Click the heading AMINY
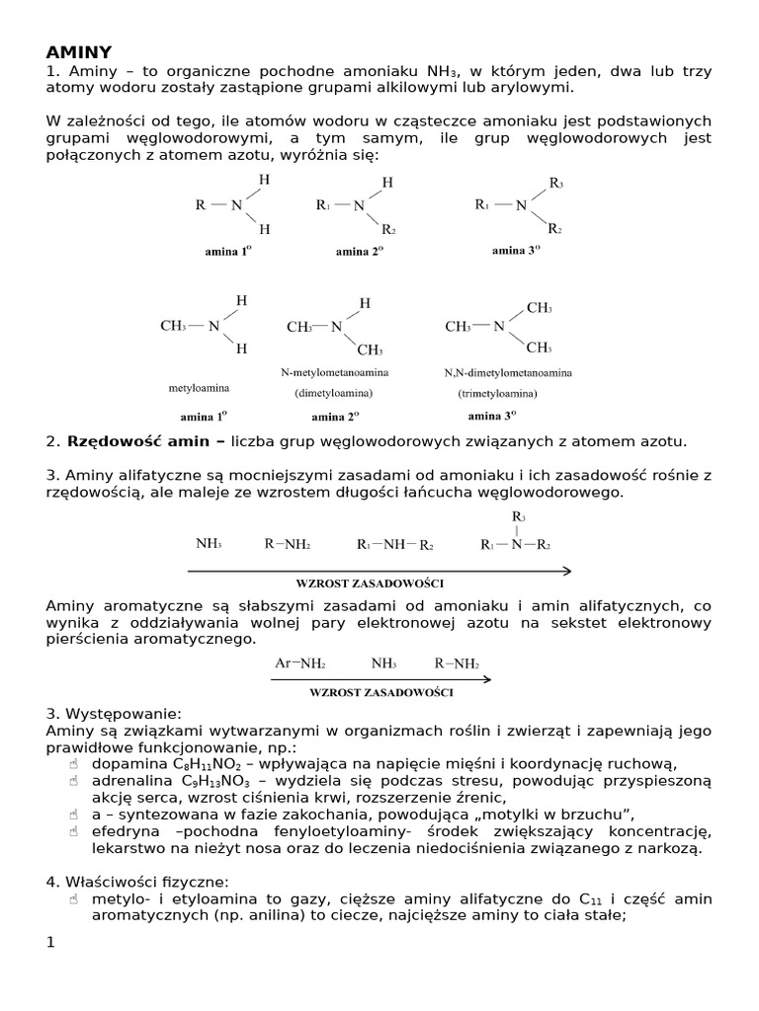pos(79,52)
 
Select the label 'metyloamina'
pos(199,388)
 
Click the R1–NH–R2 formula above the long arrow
pos(395,544)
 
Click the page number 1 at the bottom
pos(51,943)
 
